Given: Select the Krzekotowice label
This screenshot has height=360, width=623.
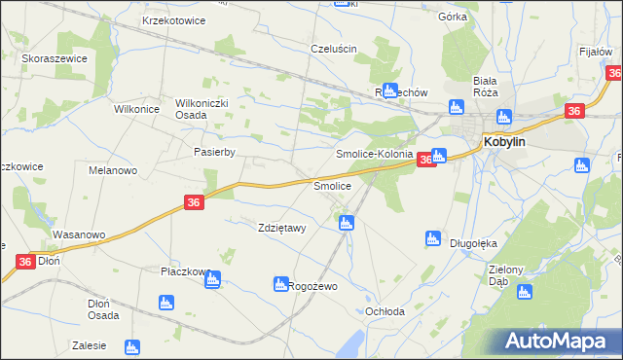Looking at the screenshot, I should (172, 20).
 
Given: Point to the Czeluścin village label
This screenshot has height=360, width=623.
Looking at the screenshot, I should (334, 49).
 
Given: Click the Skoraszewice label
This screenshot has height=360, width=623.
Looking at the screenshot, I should (55, 58).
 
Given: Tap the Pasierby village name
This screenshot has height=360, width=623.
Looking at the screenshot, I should (215, 152).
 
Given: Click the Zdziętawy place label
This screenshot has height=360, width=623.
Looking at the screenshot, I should (281, 229).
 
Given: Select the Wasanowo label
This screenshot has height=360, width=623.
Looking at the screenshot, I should (78, 235).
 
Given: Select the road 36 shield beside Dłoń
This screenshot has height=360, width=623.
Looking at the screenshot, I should (25, 262).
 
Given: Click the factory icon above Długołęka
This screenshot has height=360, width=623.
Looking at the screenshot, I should (433, 238).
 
